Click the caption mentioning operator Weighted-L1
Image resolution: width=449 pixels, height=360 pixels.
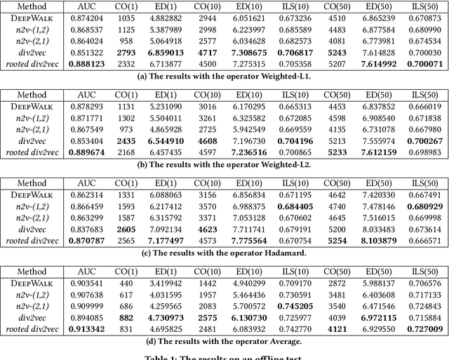coord(224,76)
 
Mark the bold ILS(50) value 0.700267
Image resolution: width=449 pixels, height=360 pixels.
coord(425,140)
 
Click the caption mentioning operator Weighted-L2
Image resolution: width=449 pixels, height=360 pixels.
coord(224,164)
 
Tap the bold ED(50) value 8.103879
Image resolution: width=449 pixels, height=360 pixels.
coord(379,240)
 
